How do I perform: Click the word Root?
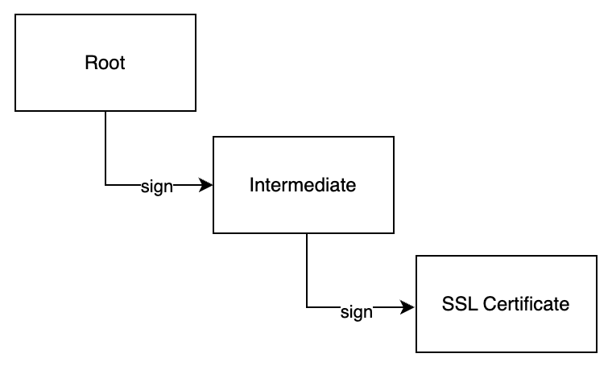(x=105, y=63)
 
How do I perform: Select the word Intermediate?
(x=303, y=185)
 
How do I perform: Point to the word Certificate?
(x=526, y=304)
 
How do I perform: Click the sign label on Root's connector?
(x=156, y=187)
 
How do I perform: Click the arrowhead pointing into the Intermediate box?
(x=205, y=185)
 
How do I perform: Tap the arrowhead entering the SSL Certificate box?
(x=408, y=307)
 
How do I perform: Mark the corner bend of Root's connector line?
(x=105, y=185)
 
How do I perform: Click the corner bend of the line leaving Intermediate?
(x=307, y=307)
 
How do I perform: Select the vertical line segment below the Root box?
(x=105, y=148)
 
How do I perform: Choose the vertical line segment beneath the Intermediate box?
(x=307, y=270)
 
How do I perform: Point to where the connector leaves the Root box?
(x=105, y=112)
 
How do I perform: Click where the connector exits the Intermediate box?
(x=307, y=234)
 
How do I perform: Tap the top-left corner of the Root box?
(x=15, y=14)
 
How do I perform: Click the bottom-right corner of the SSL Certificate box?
(x=597, y=352)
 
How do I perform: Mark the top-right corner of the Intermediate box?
(x=394, y=137)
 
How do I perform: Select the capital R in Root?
(x=90, y=63)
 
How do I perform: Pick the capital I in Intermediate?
(x=252, y=185)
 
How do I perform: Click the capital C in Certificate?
(x=490, y=304)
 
